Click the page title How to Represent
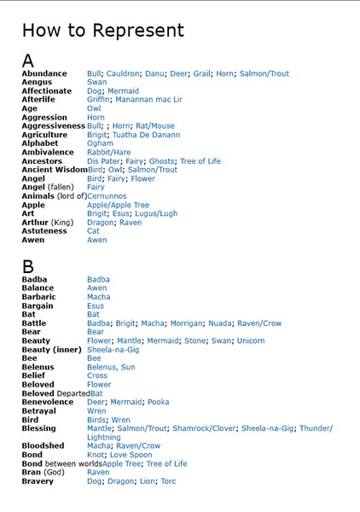102,32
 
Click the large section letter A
28,61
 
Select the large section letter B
28,265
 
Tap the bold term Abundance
44,74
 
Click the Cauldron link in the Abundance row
125,74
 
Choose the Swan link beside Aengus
97,83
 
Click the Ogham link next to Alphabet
100,143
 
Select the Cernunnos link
113,196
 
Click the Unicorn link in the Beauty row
250,341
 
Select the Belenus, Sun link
111,367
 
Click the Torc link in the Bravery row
168,481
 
